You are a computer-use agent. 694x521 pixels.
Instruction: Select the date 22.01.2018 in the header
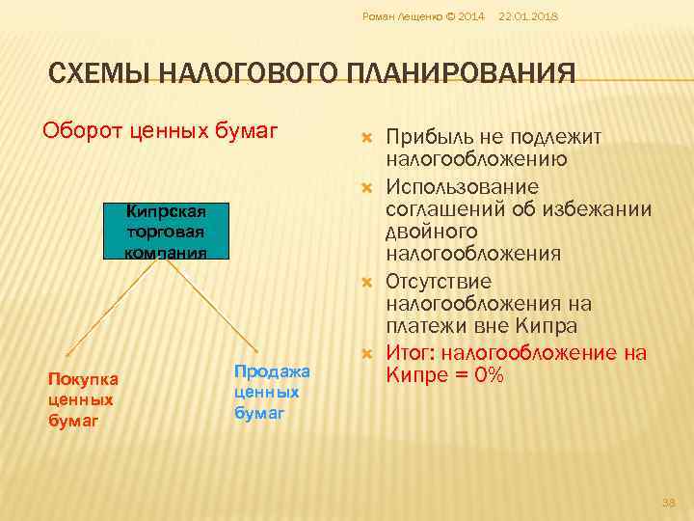[x=529, y=16]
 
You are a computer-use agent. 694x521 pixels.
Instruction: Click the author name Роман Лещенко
[x=395, y=16]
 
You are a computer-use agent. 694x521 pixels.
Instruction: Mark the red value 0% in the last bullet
[x=484, y=374]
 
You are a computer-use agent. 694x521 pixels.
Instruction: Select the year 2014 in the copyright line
[x=470, y=16]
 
